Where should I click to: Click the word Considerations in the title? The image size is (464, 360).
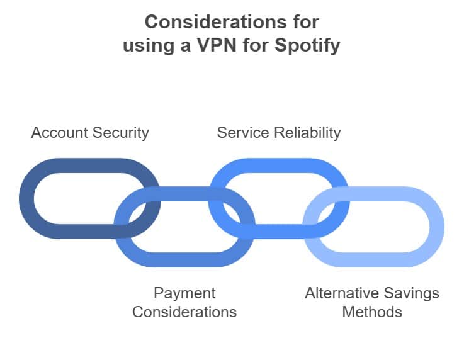pos(215,22)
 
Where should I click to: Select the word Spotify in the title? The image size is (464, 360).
pos(307,46)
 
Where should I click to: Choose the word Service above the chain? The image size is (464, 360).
pos(243,133)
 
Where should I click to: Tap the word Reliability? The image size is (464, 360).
pos(307,133)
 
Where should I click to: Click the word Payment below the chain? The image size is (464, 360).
pos(184,294)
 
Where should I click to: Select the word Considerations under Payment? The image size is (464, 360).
pos(184,312)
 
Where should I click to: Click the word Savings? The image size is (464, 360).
pos(412,294)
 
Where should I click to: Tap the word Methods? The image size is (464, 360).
pos(372,312)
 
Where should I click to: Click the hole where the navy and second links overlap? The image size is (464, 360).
pos(138,213)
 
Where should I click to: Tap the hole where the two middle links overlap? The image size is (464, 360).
pos(232,213)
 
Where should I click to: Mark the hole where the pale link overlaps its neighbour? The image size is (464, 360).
pos(326,213)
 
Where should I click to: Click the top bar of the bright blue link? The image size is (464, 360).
pos(279,166)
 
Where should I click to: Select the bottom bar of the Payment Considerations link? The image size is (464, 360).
pos(184,260)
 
